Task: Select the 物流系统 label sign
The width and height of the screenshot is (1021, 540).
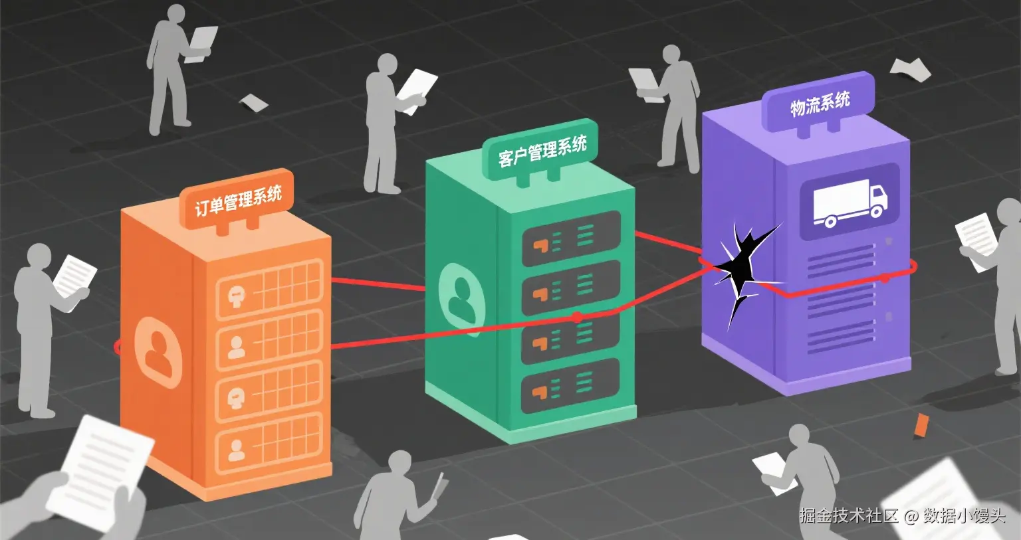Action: pyautogui.click(x=819, y=104)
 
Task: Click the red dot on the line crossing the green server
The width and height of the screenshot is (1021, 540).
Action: pyautogui.click(x=577, y=317)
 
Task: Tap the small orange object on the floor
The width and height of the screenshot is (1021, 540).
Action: pyautogui.click(x=921, y=425)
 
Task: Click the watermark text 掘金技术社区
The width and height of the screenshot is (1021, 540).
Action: pyautogui.click(x=848, y=515)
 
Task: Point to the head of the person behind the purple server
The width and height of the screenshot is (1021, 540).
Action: pyautogui.click(x=671, y=56)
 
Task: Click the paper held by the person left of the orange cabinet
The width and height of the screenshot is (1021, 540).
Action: pyautogui.click(x=74, y=275)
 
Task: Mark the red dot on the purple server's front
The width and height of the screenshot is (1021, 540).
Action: pyautogui.click(x=884, y=278)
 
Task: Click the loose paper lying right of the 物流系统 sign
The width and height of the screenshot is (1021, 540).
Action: pyautogui.click(x=911, y=68)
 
